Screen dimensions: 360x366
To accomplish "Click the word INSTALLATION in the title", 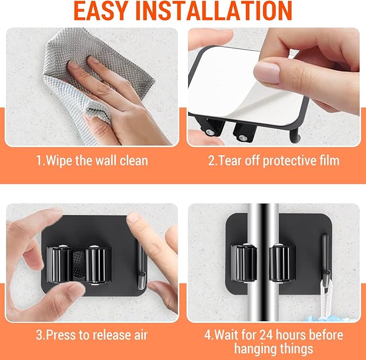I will (x=223, y=11).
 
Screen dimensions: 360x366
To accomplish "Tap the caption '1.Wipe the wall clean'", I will (x=92, y=161).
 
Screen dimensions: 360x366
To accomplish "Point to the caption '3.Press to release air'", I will (x=92, y=335).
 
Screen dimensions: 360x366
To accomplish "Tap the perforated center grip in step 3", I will (x=79, y=264).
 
